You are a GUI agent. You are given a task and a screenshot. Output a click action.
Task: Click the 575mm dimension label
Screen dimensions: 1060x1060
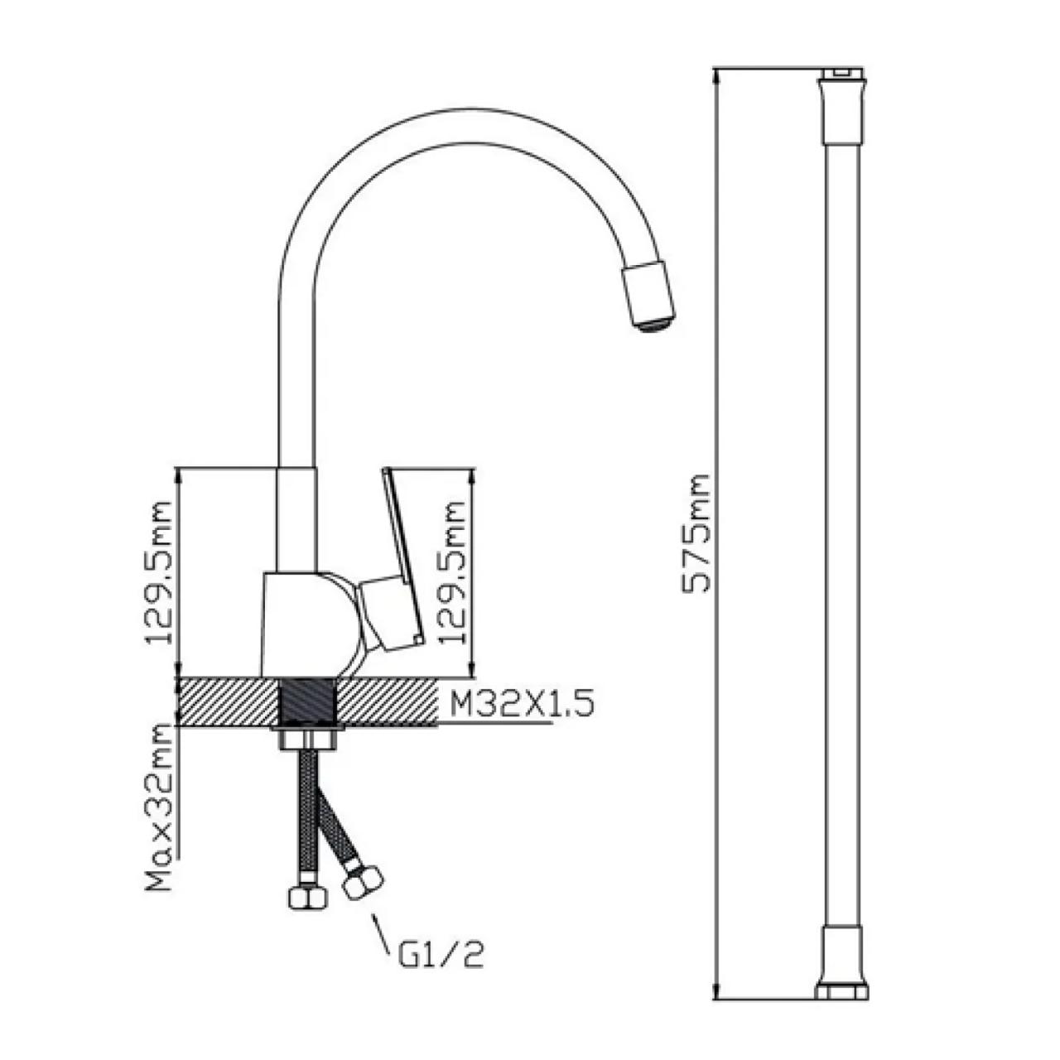(696, 533)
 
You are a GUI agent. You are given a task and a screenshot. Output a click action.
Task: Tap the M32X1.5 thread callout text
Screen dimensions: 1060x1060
(522, 704)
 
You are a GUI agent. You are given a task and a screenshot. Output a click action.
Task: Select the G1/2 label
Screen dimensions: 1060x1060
(440, 955)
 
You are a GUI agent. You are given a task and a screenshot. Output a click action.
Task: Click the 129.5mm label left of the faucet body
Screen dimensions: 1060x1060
(159, 572)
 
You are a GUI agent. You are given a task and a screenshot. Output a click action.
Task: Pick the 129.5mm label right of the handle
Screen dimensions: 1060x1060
(452, 572)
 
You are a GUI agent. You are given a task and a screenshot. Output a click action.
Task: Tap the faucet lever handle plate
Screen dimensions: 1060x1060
(402, 556)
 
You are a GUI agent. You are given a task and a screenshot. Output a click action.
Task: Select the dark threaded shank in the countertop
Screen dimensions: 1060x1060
(308, 702)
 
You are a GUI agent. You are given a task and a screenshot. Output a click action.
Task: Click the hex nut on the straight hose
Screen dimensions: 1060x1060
(307, 899)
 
